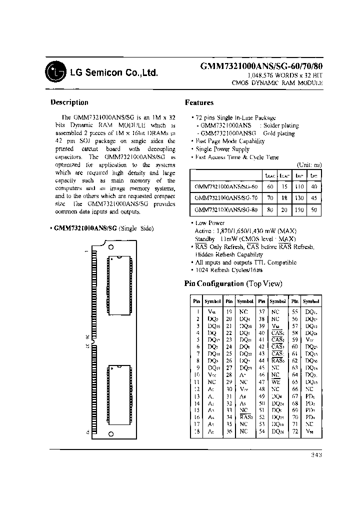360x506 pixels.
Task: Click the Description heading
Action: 69,102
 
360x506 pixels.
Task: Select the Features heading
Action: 199,103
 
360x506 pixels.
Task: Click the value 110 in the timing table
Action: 298,185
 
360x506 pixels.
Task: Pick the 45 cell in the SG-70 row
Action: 313,197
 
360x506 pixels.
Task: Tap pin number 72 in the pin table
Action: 295,431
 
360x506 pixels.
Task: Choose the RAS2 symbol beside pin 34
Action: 245,416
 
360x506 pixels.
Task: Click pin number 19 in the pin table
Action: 229,311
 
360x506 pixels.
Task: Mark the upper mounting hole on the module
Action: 111,247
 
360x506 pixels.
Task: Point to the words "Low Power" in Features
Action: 210,223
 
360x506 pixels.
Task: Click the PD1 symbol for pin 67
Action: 310,395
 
